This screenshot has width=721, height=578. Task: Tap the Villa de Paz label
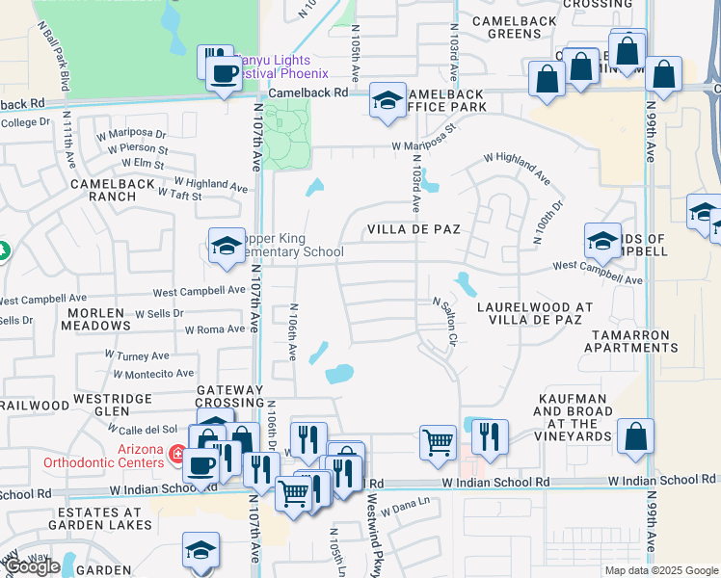click(413, 230)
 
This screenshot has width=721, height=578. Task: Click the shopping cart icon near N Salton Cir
click(437, 443)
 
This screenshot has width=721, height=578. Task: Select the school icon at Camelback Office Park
click(387, 99)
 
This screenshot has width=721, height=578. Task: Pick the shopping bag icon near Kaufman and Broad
click(636, 436)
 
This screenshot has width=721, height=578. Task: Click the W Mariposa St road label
click(423, 137)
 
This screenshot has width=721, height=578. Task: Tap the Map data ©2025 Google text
click(659, 570)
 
